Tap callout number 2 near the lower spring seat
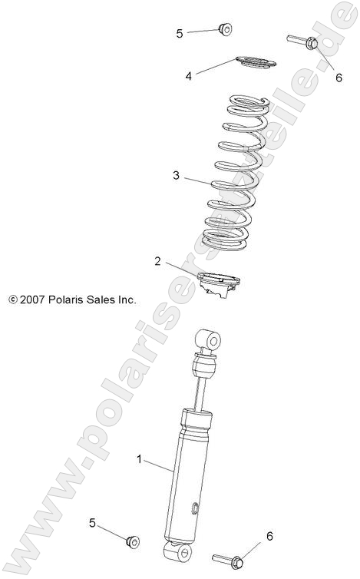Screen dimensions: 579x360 point(157,262)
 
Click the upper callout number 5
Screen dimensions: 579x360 point(180,33)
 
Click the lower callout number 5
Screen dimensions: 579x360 point(93,523)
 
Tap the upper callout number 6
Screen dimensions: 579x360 point(338,77)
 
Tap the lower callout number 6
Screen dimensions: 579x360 point(269,535)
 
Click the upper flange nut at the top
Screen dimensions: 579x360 point(225,29)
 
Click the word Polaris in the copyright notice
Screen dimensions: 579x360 point(72,300)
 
